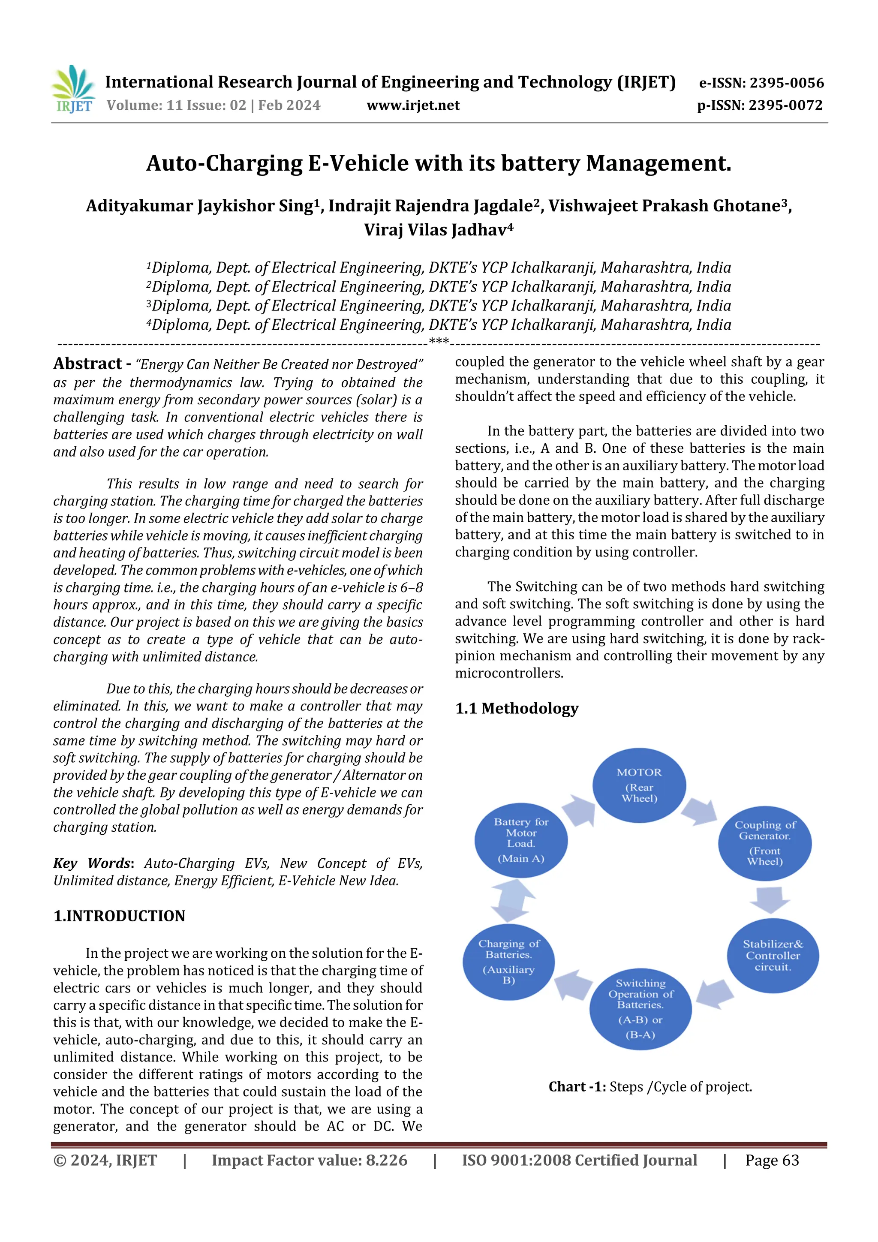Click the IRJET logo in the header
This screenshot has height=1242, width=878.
pyautogui.click(x=73, y=89)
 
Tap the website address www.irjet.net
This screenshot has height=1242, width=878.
pyautogui.click(x=413, y=105)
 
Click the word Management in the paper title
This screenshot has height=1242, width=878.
pyautogui.click(x=658, y=163)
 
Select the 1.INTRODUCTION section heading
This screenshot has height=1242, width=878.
pyautogui.click(x=119, y=916)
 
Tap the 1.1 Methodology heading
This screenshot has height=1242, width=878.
pyautogui.click(x=517, y=708)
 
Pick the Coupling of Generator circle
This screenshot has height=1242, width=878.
pyautogui.click(x=764, y=843)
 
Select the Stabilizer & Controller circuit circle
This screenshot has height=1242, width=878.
pyautogui.click(x=773, y=955)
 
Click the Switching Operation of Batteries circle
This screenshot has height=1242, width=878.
pyautogui.click(x=640, y=1009)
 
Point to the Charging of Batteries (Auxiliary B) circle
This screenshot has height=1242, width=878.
pyautogui.click(x=508, y=961)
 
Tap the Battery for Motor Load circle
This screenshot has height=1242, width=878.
pyautogui.click(x=521, y=839)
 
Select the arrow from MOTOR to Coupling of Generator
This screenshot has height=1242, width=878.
pyautogui.click(x=698, y=809)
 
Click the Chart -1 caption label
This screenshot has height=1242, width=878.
pyautogui.click(x=577, y=1087)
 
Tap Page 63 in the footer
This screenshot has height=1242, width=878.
pyautogui.click(x=772, y=1160)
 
